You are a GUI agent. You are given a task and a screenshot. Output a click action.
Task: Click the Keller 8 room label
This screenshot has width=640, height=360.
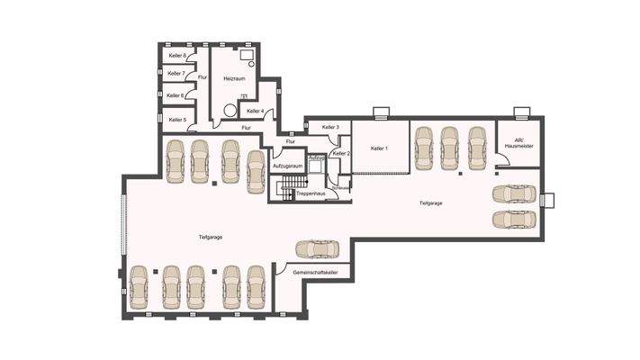pyautogui.click(x=177, y=56)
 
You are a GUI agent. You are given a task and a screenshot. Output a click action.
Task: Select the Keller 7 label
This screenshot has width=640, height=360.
pyautogui.click(x=177, y=74)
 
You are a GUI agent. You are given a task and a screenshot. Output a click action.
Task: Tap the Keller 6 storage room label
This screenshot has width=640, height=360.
pyautogui.click(x=176, y=95)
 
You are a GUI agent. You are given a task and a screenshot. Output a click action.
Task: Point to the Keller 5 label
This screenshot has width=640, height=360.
pyautogui.click(x=177, y=119)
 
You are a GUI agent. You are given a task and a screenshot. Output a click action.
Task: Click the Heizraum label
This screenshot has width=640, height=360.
pyautogui.click(x=235, y=78)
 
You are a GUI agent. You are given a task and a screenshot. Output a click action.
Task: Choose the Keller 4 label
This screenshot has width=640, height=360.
pyautogui.click(x=255, y=112)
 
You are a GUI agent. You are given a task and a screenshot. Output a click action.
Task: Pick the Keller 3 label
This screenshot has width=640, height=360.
pyautogui.click(x=330, y=128)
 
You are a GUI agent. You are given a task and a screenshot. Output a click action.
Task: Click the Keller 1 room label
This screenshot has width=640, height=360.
pyautogui.click(x=379, y=148)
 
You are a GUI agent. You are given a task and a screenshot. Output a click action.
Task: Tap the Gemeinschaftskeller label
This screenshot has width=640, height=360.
pyautogui.click(x=315, y=271)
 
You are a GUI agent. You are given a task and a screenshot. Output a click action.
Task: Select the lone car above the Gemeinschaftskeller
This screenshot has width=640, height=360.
pyautogui.click(x=316, y=248)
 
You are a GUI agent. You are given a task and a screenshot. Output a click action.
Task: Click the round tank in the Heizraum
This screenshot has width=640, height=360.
pyautogui.click(x=230, y=112)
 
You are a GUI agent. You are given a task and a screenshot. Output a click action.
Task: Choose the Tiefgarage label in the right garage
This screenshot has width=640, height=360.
pyautogui.click(x=430, y=203)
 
